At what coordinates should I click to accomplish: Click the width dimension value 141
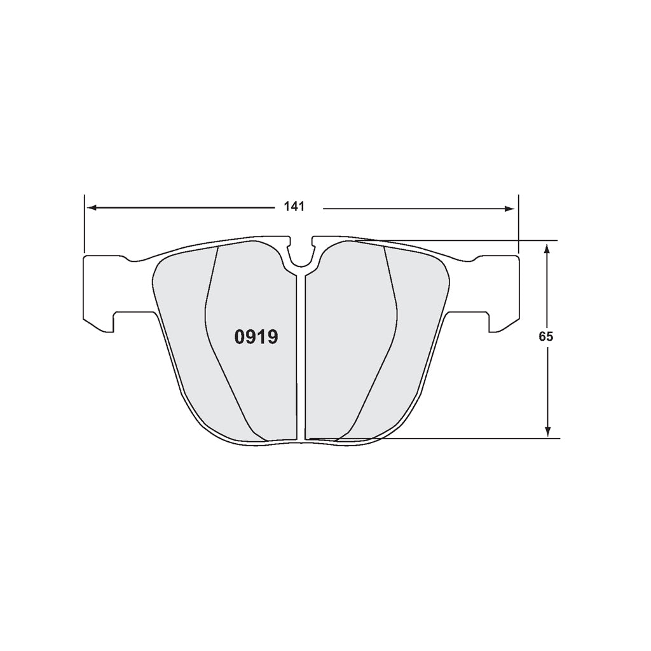295,207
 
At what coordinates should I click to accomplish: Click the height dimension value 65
545,337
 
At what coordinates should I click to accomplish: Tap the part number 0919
256,337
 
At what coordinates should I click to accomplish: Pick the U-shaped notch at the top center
301,254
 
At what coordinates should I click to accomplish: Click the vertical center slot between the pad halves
301,356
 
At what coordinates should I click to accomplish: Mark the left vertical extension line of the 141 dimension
84,223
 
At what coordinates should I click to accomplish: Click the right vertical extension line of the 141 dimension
518,223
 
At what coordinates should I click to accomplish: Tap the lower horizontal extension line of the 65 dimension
470,438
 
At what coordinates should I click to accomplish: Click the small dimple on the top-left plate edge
132,259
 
